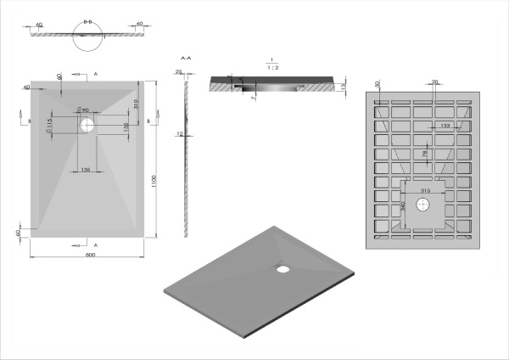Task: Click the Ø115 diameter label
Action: [x=51, y=125]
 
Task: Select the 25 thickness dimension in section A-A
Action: [x=180, y=72]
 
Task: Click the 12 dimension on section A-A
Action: [x=179, y=134]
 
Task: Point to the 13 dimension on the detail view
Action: [x=342, y=87]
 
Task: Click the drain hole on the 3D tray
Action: [x=282, y=270]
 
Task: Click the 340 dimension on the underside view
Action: [x=402, y=206]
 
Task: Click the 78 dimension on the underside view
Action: [x=422, y=154]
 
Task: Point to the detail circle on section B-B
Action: [x=88, y=36]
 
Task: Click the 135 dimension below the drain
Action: [x=86, y=170]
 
